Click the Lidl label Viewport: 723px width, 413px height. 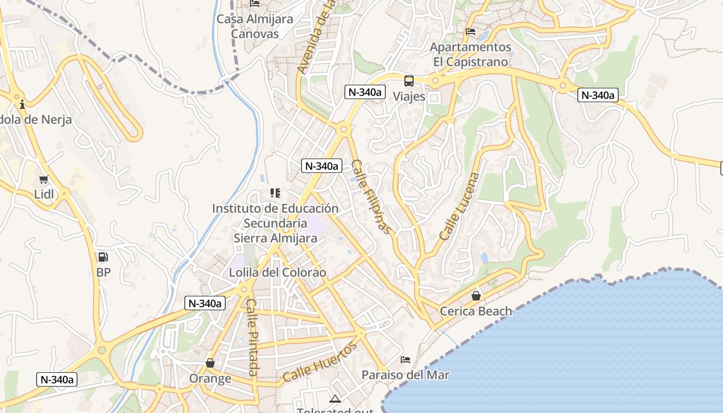point(44,195)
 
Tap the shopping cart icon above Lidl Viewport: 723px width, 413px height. point(44,180)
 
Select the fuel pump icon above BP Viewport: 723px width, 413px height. point(103,257)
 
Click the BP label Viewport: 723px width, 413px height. point(103,272)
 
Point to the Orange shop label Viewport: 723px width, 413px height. point(210,378)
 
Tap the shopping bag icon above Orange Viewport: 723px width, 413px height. point(210,363)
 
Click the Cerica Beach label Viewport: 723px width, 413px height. point(476,311)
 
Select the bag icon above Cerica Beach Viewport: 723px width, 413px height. point(476,296)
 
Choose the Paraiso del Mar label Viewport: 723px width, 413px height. point(405,375)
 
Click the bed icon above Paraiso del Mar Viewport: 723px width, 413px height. point(405,359)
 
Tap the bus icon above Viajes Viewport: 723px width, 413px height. point(409,81)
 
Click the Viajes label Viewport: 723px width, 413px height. point(409,97)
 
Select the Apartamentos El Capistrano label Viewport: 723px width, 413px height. point(470,54)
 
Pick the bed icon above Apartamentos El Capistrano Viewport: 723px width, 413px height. point(470,31)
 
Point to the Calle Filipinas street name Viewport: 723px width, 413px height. point(371,196)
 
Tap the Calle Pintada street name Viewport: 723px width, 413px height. point(252,337)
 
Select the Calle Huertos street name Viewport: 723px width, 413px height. point(320,362)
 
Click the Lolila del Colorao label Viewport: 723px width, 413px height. point(278,272)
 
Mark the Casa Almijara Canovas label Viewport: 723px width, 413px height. point(255,26)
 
